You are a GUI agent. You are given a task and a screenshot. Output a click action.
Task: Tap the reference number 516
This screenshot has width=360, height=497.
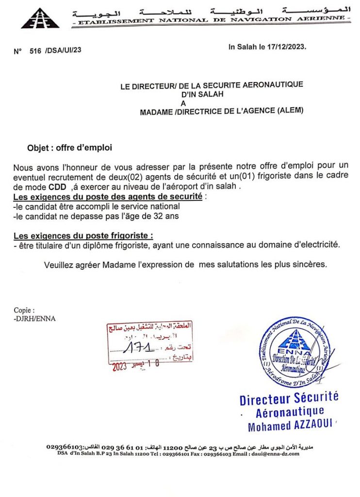[35, 50]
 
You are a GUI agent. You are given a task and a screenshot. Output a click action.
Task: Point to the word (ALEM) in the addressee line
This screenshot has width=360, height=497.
[289, 111]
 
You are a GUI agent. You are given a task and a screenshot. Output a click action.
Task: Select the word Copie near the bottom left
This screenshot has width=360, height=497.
[23, 310]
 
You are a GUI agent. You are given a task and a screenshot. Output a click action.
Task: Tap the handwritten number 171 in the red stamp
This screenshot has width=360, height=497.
[140, 347]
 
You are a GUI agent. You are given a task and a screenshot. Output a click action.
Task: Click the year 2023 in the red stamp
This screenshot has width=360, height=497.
[119, 367]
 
